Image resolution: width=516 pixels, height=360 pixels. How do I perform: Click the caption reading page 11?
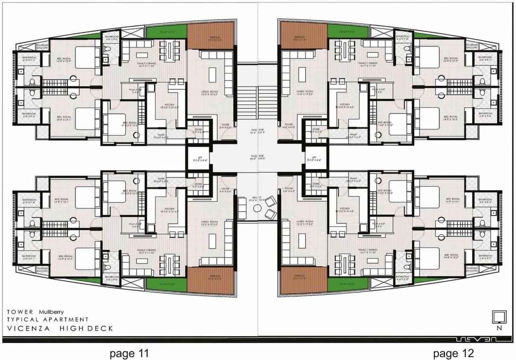click(x=129, y=353)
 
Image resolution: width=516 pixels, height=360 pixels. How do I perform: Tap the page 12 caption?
click(x=453, y=353)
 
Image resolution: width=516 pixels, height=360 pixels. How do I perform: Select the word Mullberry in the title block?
click(x=51, y=311)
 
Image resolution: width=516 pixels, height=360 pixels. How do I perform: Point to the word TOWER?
click(x=20, y=311)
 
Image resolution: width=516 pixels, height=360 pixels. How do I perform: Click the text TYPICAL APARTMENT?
click(x=47, y=319)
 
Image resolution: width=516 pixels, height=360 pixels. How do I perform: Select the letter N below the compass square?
click(x=499, y=328)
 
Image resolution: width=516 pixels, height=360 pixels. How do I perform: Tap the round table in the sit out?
click(x=257, y=208)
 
